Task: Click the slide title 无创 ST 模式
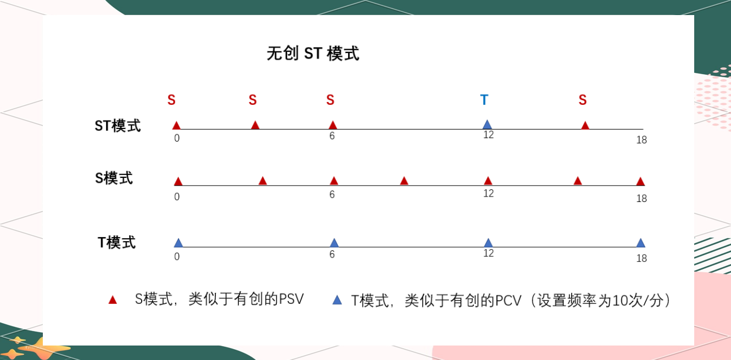312,54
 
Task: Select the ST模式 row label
118,125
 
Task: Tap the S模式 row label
114,178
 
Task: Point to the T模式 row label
117,242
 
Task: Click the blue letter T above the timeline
484,99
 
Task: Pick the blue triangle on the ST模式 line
487,125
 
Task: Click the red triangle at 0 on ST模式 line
176,125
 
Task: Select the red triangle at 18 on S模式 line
641,182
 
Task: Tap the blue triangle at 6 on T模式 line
334,242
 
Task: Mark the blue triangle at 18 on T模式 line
641,242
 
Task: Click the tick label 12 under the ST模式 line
489,135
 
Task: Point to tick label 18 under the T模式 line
641,258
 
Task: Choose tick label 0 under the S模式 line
177,197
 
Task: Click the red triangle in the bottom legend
112,300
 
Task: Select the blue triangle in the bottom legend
337,300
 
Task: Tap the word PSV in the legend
291,299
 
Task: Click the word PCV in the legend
508,300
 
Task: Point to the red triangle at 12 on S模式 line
488,181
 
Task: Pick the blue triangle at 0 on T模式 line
179,242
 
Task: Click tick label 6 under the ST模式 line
332,136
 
